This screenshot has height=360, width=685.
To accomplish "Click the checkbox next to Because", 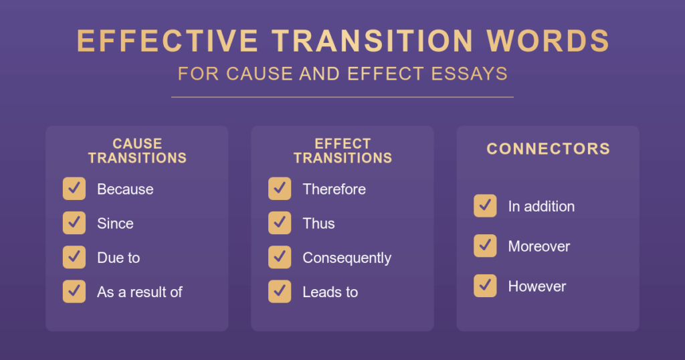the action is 74,189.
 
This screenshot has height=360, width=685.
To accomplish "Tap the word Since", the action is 115,223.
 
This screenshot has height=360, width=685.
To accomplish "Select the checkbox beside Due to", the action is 74,258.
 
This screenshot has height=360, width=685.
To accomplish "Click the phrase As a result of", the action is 140,292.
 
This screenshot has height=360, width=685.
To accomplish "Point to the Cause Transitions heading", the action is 137,151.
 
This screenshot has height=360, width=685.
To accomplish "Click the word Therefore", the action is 334,189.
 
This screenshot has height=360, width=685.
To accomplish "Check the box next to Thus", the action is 280,223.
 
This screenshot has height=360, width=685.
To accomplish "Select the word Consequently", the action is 347,258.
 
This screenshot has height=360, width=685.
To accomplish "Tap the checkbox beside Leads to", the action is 280,291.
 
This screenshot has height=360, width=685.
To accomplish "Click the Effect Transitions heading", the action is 342,151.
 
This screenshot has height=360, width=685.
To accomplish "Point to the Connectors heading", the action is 549,149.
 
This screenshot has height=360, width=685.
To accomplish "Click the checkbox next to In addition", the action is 486,206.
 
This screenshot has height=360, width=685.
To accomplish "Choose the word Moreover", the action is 539,246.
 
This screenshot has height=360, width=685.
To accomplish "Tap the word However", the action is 537,286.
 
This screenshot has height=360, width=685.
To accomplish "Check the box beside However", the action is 486,286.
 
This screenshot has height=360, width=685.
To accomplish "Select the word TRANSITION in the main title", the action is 373,41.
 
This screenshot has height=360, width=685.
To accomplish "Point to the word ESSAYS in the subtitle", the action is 469,74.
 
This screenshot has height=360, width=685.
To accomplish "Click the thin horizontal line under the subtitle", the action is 342,97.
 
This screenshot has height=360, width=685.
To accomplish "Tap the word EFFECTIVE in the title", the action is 167,41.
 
